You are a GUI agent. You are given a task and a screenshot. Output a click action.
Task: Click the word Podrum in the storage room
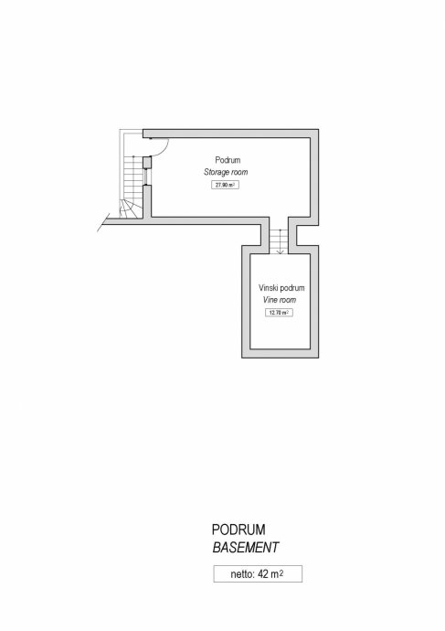(x=228, y=160)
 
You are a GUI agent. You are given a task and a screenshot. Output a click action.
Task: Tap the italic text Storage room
(x=226, y=172)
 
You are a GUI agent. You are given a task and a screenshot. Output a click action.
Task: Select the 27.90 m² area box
(x=225, y=185)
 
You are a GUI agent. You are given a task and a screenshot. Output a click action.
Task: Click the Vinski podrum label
(x=281, y=288)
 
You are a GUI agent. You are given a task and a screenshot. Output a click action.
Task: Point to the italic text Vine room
(x=280, y=300)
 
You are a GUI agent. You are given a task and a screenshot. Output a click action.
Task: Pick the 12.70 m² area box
(x=279, y=312)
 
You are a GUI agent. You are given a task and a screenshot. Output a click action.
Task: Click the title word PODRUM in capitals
(x=238, y=529)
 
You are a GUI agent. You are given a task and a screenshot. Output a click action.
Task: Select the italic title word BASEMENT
(x=245, y=547)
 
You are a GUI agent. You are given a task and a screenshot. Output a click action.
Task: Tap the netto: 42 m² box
(x=258, y=574)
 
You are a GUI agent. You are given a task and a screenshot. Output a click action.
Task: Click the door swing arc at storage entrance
(x=164, y=149)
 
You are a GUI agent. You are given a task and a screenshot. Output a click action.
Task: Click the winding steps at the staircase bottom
(x=131, y=209)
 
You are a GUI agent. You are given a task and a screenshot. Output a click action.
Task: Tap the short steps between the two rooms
(x=279, y=241)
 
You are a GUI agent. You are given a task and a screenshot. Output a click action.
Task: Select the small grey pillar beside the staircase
(x=147, y=162)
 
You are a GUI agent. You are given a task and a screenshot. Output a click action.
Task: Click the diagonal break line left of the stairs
(x=103, y=222)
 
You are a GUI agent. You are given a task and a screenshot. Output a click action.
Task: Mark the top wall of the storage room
(x=231, y=134)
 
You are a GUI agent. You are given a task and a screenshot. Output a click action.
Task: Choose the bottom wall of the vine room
(x=281, y=353)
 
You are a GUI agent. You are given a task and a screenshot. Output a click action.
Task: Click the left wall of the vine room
(x=246, y=302)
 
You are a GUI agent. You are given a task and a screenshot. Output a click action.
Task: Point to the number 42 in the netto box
(x=263, y=574)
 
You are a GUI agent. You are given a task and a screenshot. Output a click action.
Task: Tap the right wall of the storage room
(x=314, y=177)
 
